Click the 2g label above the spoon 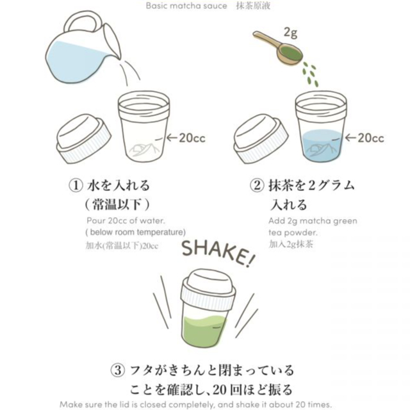pyautogui.click(x=290, y=33)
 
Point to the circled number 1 pyautogui.click(x=76, y=185)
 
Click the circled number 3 pyautogui.click(x=118, y=370)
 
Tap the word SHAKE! pyautogui.click(x=218, y=254)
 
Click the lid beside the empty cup pyautogui.click(x=84, y=138)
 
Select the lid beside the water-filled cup pyautogui.click(x=261, y=138)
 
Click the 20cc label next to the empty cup pyautogui.click(x=192, y=138)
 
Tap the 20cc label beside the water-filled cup pyautogui.click(x=371, y=138)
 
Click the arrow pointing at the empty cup pyautogui.click(x=172, y=138)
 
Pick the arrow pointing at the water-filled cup pyautogui.click(x=350, y=138)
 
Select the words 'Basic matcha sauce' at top pyautogui.click(x=186, y=6)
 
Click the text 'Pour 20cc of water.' pyautogui.click(x=126, y=220)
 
